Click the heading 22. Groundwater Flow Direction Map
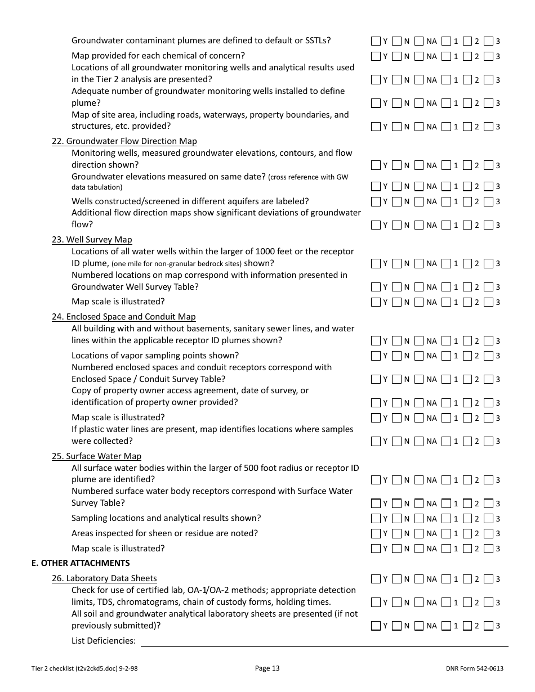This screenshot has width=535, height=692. (124, 141)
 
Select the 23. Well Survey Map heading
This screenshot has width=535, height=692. (92, 240)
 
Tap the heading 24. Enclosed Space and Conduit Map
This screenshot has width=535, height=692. (124, 317)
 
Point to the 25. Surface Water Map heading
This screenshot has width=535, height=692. (96, 456)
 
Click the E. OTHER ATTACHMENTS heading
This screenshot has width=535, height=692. (81, 563)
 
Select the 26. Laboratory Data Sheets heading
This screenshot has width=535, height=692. (104, 578)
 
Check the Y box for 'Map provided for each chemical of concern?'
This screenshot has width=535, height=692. (376, 56)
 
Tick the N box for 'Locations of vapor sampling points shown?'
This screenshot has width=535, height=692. (396, 356)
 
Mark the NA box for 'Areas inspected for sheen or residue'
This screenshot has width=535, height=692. (418, 533)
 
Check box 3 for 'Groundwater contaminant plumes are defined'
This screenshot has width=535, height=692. (488, 41)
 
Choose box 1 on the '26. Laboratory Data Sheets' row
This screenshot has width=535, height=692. (446, 579)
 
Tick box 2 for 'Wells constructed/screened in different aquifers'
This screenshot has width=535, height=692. (467, 201)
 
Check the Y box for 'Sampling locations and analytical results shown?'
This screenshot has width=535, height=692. (376, 519)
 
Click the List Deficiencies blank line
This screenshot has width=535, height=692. (324, 641)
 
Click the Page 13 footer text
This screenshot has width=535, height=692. (267, 668)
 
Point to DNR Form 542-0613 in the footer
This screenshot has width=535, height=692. (474, 668)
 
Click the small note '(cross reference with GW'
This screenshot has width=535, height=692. (308, 177)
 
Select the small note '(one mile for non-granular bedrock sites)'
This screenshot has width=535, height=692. (176, 264)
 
